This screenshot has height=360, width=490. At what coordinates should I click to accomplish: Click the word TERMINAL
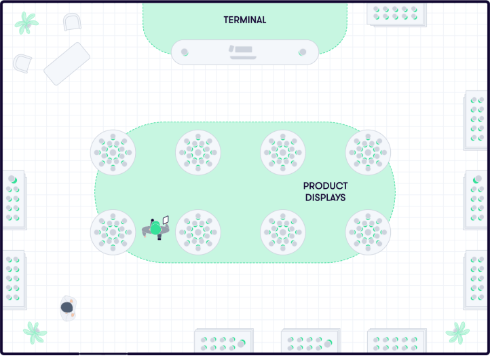pos(245,20)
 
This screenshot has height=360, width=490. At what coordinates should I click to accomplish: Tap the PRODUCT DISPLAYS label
pos(325,192)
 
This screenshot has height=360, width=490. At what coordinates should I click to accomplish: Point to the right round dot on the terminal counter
pos(303,52)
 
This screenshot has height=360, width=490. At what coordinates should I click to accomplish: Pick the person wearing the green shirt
pos(155,229)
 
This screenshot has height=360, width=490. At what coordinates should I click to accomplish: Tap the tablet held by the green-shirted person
pos(166,219)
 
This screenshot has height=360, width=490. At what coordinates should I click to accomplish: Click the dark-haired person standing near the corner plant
pos(67,308)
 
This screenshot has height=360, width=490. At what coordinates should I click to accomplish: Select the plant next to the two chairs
pos(26,22)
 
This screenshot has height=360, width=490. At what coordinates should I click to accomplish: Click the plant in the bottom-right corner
pos(457,333)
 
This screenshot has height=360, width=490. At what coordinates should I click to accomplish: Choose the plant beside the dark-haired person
pos(34,333)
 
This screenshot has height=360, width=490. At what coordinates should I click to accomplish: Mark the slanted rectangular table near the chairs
pos(67,63)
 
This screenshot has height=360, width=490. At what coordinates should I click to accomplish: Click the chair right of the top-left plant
pos(71,22)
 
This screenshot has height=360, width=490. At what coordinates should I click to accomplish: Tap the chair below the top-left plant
pos(22,63)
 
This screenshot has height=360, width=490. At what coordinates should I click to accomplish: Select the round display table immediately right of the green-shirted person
pos(198,232)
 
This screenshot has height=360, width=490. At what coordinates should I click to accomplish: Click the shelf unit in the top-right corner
pos(397,13)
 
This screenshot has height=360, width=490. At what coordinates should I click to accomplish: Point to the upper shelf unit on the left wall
pos(13,200)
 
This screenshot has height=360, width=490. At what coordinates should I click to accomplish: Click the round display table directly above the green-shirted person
pos(113,152)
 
